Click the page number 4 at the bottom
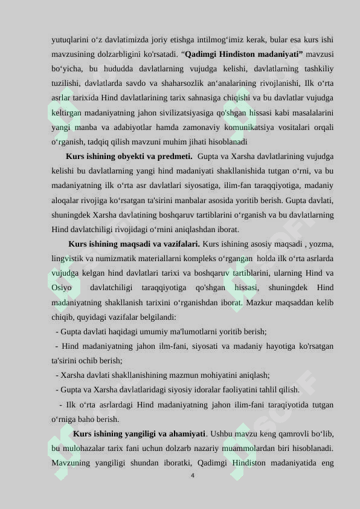pyautogui.click(x=192, y=476)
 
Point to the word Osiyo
pyautogui.click(x=62, y=288)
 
